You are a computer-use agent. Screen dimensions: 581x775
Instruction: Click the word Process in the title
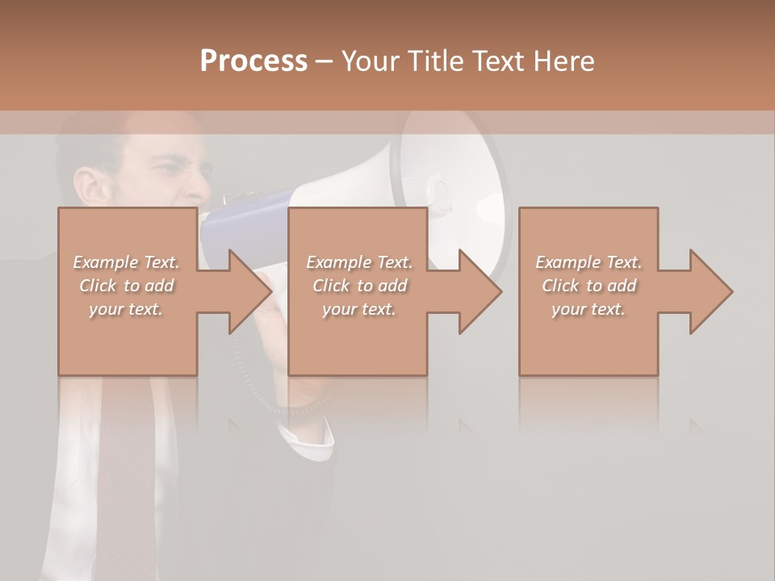(x=253, y=61)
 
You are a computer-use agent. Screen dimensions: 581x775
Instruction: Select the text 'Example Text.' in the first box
(x=127, y=262)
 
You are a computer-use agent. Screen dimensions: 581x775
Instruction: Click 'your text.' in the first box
(x=127, y=309)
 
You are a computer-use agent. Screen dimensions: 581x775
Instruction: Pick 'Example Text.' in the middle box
(x=359, y=262)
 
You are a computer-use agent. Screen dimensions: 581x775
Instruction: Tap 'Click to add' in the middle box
(x=359, y=286)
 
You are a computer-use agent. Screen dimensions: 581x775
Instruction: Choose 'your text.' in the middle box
(x=359, y=309)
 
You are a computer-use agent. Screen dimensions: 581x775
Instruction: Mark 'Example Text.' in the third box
(x=589, y=262)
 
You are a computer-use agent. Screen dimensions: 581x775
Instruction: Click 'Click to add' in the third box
(x=589, y=286)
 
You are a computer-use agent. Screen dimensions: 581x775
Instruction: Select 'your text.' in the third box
(x=589, y=309)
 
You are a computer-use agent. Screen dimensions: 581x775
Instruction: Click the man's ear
(x=88, y=186)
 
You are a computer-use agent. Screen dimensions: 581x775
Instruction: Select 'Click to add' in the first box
(x=127, y=286)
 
